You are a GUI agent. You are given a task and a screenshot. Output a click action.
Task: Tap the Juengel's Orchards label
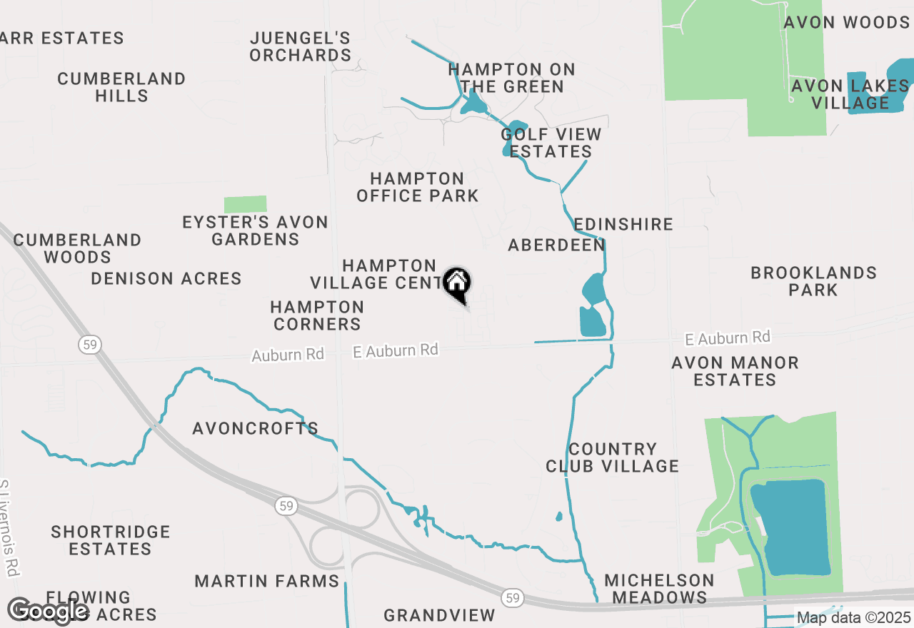tap(300, 46)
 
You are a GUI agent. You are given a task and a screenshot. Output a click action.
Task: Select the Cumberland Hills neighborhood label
tap(121, 87)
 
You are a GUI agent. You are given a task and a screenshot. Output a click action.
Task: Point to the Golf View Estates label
tap(551, 143)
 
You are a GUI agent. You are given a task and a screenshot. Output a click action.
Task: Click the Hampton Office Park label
tap(417, 187)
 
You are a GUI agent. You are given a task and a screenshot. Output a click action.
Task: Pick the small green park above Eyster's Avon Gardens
tap(245, 204)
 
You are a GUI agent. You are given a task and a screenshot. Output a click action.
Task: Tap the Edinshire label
tap(623, 224)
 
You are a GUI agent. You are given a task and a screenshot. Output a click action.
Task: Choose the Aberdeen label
tap(556, 245)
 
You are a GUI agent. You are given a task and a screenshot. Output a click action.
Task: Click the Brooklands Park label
tap(813, 281)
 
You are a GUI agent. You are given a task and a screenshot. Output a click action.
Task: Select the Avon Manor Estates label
tap(735, 371)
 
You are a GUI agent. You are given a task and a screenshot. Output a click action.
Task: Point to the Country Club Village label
tap(612, 457)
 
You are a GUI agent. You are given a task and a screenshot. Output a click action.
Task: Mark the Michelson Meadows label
tap(659, 589)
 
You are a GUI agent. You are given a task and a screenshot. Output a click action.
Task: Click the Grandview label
tap(439, 615)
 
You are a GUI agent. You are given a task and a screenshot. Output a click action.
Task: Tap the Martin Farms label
tap(267, 581)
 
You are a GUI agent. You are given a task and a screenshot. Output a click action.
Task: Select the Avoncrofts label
tap(255, 428)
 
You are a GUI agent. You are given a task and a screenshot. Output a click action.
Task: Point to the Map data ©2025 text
tap(853, 617)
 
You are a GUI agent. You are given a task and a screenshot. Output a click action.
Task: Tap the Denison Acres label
tap(166, 278)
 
